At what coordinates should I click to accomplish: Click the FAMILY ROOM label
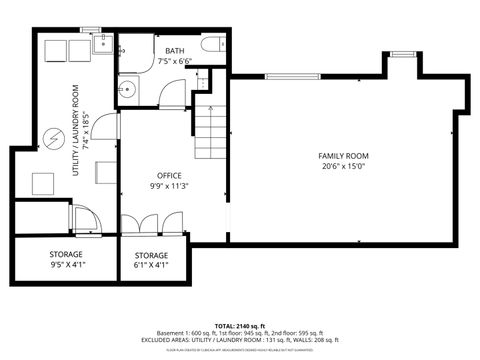coord(343,156)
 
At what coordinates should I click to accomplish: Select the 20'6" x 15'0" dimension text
coord(343,168)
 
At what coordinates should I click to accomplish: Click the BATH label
coord(175,50)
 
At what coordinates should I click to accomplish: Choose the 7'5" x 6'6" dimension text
coord(175,62)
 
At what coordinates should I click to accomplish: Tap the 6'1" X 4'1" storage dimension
coord(152,266)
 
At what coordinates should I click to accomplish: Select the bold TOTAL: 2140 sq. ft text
coord(239,325)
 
